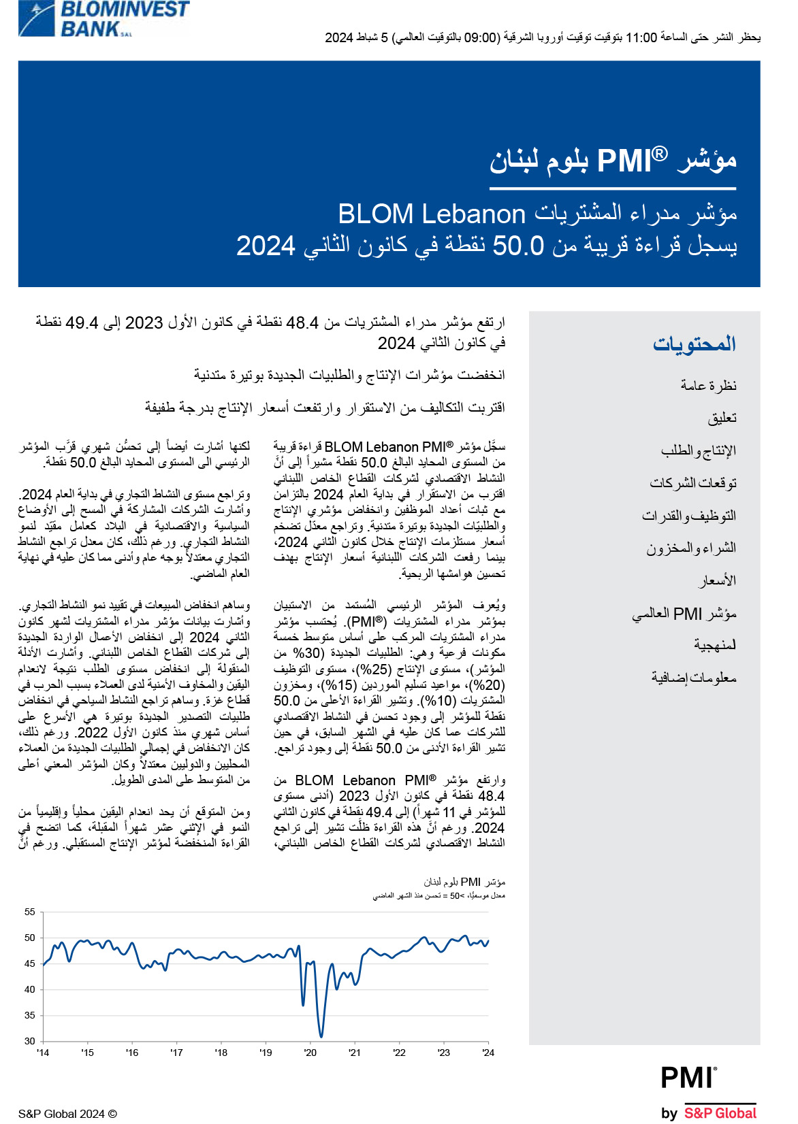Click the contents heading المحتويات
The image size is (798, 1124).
(695, 344)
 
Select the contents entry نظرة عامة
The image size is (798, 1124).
(708, 386)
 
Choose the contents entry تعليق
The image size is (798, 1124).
(722, 418)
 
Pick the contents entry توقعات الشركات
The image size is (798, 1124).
(693, 483)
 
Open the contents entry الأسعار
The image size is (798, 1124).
(717, 580)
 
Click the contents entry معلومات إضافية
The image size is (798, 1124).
(694, 678)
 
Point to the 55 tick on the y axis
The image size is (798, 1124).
(30, 912)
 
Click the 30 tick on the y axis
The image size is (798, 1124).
(30, 1041)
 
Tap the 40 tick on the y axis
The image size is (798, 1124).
(30, 989)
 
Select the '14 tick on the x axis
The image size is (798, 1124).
(43, 1053)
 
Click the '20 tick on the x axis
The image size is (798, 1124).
(310, 1053)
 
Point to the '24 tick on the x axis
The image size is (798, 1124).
(488, 1053)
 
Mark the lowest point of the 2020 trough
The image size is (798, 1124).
(321, 1036)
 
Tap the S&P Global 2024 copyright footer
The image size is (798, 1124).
(67, 1114)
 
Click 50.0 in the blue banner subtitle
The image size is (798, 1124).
(518, 246)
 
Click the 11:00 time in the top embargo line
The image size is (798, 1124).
(641, 37)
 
